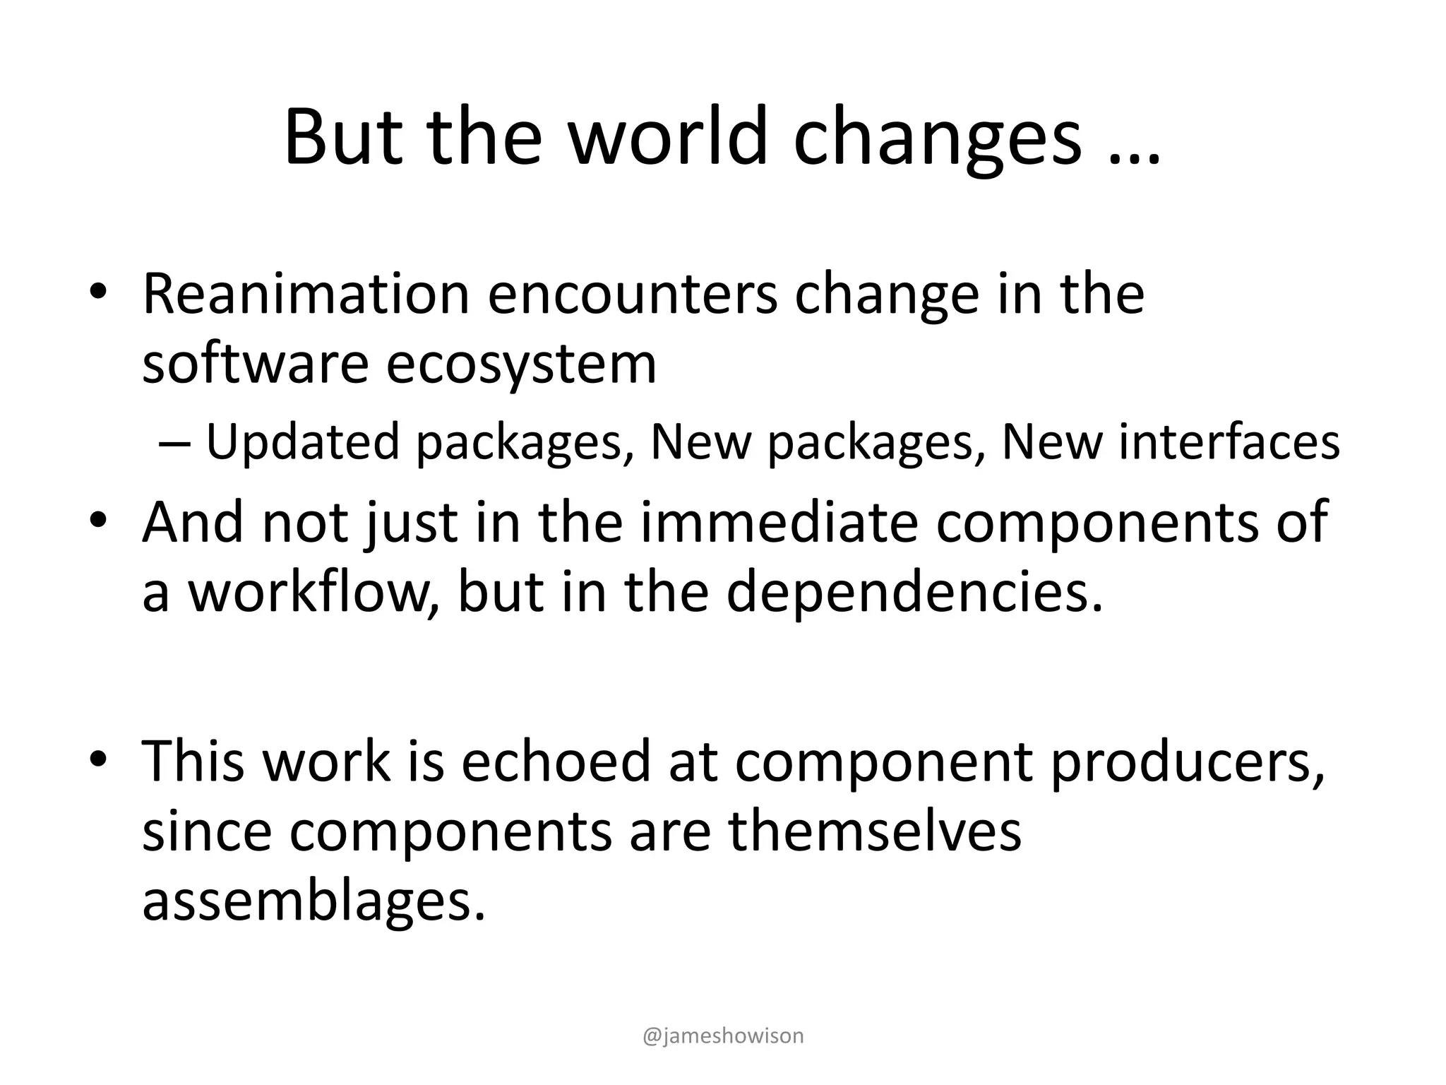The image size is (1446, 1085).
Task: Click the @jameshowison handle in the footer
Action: (x=723, y=1036)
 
